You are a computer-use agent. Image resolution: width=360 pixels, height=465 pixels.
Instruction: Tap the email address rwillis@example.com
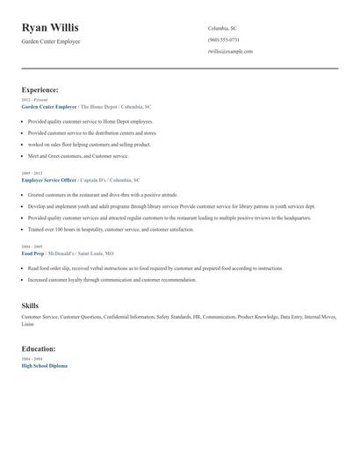tap(230, 51)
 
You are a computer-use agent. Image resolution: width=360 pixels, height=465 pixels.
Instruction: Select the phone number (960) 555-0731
tap(224, 39)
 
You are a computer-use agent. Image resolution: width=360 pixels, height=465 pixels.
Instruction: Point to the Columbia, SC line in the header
tap(222, 28)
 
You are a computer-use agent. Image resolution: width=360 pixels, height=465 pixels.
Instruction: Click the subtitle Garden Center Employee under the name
tap(51, 41)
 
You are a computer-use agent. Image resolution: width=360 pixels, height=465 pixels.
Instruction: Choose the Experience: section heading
tap(40, 89)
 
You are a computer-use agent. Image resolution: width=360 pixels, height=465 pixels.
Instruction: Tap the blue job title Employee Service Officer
tap(50, 179)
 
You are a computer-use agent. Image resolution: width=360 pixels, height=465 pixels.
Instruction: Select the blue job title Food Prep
tap(32, 253)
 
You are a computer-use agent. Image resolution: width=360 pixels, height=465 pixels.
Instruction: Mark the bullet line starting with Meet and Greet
tap(77, 155)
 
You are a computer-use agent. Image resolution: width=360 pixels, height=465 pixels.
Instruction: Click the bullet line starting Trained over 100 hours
tap(111, 229)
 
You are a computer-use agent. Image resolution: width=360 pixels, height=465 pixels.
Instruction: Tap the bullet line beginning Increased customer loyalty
tap(112, 280)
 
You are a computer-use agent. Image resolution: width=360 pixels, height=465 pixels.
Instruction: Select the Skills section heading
tap(30, 305)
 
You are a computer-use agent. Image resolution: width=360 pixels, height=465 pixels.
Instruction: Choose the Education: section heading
tap(39, 348)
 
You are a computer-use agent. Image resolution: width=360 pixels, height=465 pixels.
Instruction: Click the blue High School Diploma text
tap(44, 365)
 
